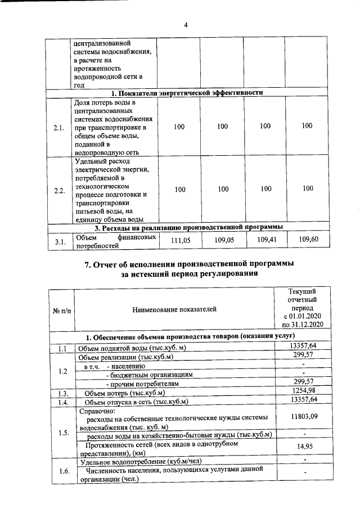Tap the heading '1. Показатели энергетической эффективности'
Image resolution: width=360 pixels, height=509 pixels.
pos(186,93)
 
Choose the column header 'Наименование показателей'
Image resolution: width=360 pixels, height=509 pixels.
pos(174,309)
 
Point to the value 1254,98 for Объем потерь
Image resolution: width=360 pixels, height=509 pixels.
pos(303,390)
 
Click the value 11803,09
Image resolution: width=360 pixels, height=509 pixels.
pos(303,416)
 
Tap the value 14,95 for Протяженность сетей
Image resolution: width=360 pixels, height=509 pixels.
pos(303,447)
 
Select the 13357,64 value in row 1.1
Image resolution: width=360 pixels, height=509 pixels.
pos(303,345)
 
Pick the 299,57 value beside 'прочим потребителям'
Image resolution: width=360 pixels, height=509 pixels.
pos(303,381)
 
